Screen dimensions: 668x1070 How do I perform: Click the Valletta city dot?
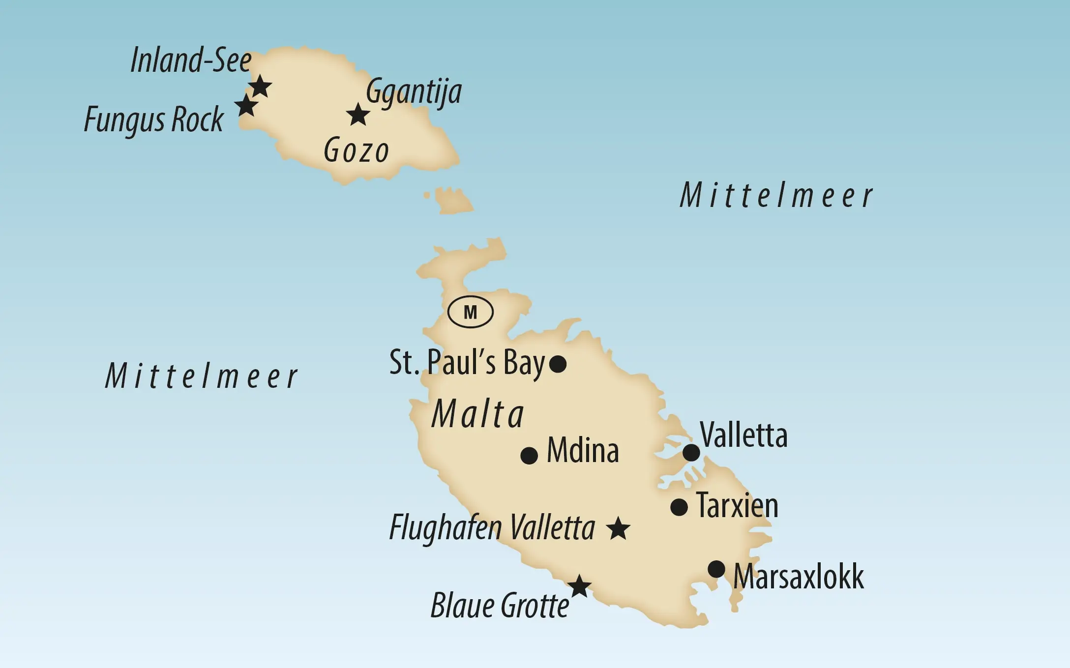click(x=691, y=453)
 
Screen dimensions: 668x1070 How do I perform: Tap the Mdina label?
click(x=583, y=450)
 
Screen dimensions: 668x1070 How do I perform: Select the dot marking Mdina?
click(x=529, y=456)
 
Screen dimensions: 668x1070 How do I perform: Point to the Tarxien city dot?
click(x=679, y=507)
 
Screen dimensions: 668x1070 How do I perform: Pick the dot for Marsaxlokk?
click(x=716, y=569)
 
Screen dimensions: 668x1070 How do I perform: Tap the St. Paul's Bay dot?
click(x=558, y=364)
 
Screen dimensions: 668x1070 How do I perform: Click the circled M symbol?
click(x=471, y=312)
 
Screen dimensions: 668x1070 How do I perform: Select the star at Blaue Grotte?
click(x=579, y=586)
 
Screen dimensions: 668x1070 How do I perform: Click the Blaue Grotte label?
click(x=500, y=606)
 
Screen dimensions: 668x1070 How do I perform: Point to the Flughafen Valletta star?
click(x=618, y=529)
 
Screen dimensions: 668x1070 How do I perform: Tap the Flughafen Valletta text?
click(x=492, y=528)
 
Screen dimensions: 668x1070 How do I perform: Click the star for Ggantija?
click(x=358, y=115)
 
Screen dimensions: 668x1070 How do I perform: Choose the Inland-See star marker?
click(x=260, y=87)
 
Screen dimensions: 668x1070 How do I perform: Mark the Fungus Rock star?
click(x=246, y=105)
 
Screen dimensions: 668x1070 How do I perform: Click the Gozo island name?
click(x=357, y=151)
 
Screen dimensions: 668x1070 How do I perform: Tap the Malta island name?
click(x=478, y=414)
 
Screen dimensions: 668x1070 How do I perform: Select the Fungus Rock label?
click(x=154, y=119)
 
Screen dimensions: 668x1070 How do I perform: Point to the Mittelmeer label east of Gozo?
click(x=776, y=196)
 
